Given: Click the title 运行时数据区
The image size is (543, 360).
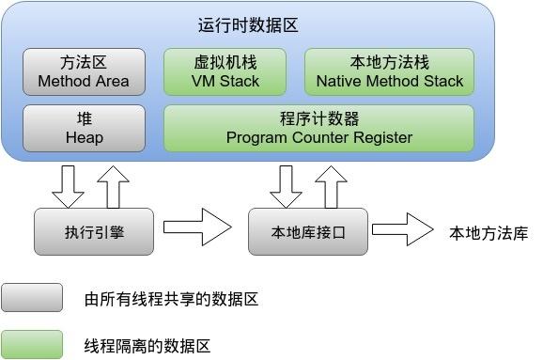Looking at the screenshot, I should [248, 25].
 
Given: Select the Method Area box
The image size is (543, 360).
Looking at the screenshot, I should [84, 71].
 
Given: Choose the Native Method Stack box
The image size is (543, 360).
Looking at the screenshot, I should [389, 71].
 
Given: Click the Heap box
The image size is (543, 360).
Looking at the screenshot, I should [84, 128].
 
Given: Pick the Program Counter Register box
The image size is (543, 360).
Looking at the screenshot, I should [318, 128].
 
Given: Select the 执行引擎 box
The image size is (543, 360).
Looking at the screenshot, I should [92, 231].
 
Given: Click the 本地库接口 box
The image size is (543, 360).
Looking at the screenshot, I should [307, 231].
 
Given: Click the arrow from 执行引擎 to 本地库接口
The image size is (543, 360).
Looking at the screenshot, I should [197, 227].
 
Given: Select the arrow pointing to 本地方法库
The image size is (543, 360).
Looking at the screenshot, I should [403, 227].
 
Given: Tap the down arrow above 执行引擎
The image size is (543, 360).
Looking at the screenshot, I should [68, 185].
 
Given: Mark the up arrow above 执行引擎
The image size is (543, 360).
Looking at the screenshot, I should [112, 185].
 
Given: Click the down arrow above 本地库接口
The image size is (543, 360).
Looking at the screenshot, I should [285, 185].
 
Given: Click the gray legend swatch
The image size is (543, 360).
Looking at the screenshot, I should [32, 298].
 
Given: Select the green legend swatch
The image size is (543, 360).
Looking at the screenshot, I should [32, 345].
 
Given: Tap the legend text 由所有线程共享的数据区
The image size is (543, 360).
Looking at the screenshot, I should [170, 300].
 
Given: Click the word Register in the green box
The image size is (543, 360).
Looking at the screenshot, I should [380, 137].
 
